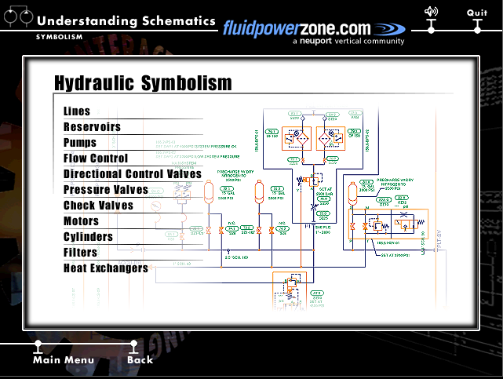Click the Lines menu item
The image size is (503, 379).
[77, 111]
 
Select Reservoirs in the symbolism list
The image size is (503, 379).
[92, 127]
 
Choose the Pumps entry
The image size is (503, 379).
[80, 143]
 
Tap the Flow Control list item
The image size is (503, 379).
[96, 159]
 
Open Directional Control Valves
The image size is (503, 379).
[133, 174]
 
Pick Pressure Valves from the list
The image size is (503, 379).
[106, 190]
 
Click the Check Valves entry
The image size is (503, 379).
[98, 206]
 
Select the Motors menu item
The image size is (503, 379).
[82, 221]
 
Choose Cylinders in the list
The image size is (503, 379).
[88, 237]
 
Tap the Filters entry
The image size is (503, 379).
[80, 253]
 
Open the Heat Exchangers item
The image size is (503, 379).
[106, 268]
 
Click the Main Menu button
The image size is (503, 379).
[64, 360]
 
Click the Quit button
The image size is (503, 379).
[477, 13]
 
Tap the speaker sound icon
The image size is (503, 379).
[431, 11]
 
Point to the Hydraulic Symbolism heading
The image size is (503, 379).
[143, 83]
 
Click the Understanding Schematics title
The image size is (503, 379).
[126, 21]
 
